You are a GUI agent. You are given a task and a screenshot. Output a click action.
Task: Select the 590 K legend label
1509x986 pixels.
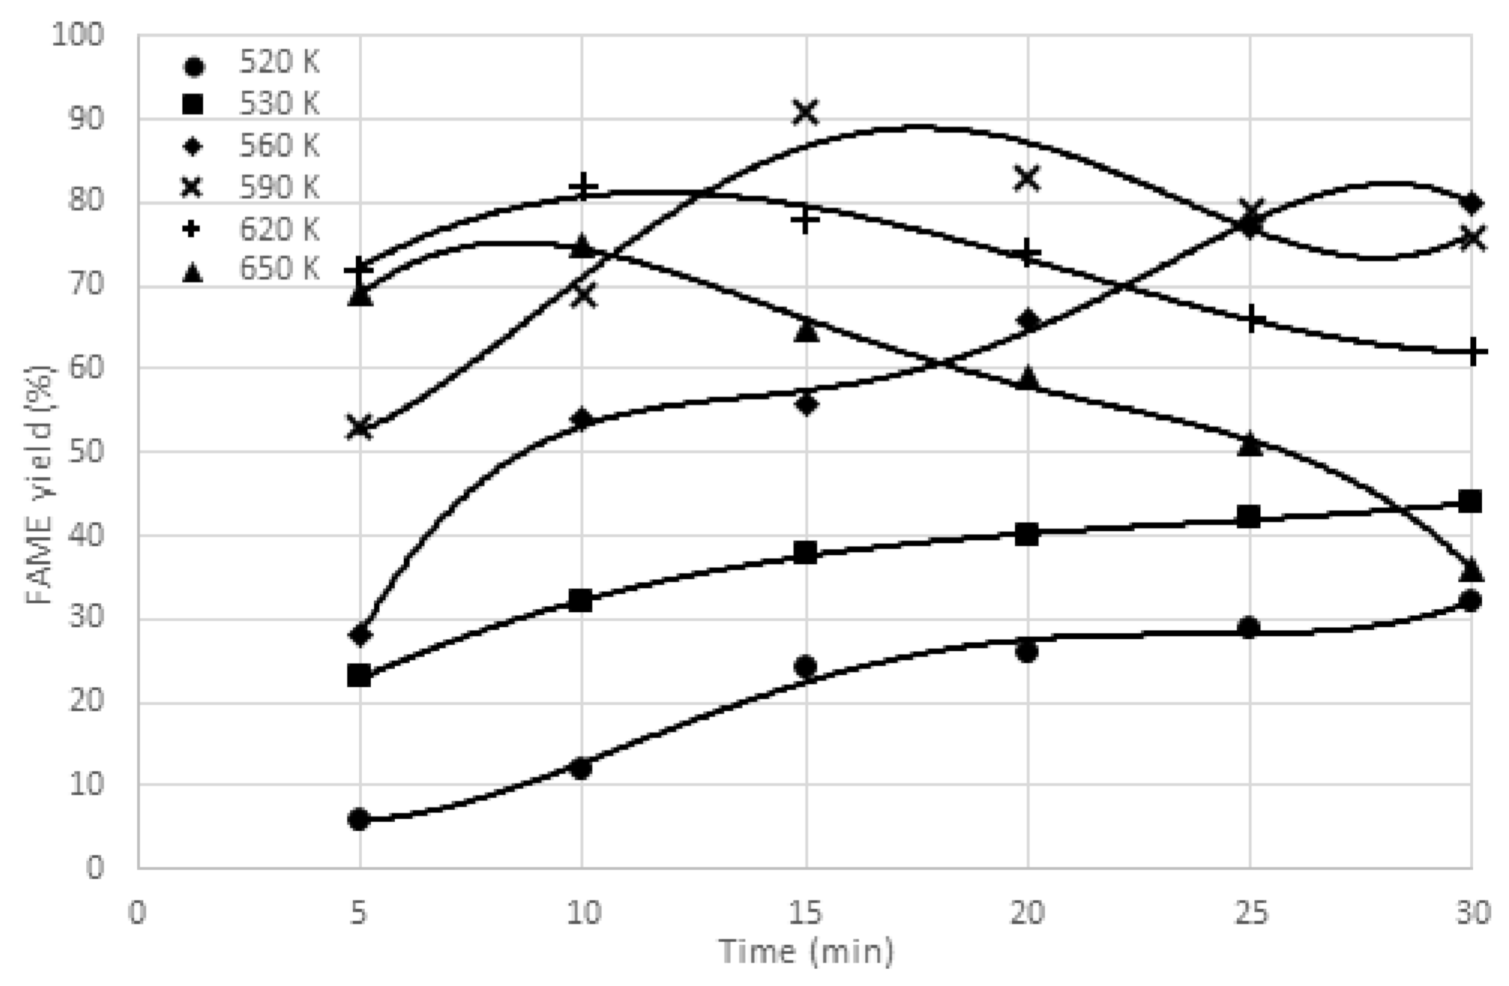[x=279, y=187]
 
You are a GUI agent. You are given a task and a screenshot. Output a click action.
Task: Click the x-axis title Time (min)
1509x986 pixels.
[x=806, y=952]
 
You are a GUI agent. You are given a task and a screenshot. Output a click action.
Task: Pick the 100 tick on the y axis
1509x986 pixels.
[x=78, y=35]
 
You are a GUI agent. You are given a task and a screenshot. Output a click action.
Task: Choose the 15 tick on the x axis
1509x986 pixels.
[x=805, y=914]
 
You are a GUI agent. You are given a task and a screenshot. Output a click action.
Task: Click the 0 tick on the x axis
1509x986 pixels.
[x=137, y=914]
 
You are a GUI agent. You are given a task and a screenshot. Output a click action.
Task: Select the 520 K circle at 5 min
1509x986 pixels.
[x=359, y=819]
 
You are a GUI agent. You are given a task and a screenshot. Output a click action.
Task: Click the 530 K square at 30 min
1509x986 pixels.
[x=1470, y=501]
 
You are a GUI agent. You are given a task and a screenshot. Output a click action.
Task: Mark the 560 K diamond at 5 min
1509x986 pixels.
[x=360, y=635]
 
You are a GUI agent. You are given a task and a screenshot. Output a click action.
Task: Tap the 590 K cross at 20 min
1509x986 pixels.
[x=1026, y=179]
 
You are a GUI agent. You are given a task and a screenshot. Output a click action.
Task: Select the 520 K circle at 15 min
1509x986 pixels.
[x=805, y=666]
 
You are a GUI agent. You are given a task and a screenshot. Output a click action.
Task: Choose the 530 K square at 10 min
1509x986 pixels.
[x=581, y=600]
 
